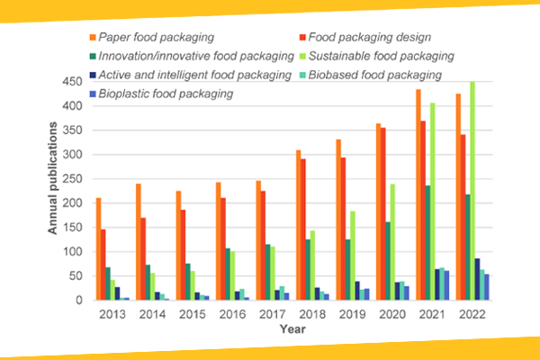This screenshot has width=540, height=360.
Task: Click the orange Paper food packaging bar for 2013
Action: point(98,248)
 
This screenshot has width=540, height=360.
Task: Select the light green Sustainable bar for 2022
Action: point(472,191)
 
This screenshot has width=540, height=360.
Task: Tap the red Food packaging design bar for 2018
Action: point(303,229)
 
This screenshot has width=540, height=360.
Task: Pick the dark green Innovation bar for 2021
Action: point(427,243)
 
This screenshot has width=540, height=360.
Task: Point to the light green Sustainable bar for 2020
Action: point(392,242)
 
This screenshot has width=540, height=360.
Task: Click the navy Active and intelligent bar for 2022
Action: point(477,279)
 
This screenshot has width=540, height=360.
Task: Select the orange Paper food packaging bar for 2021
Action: point(418,194)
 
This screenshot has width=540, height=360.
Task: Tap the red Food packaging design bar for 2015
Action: point(184,255)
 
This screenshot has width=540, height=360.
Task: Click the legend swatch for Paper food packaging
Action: point(93,37)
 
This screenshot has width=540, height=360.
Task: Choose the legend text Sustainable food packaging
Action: point(382,56)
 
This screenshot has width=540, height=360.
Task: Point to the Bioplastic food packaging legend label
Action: point(166,94)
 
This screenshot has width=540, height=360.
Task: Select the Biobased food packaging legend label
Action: point(375,75)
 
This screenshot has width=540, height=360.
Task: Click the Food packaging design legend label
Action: point(370,37)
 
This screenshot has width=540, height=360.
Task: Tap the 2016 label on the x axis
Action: point(232,314)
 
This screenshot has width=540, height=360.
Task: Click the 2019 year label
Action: point(352,314)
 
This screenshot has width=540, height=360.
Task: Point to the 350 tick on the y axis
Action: point(72,130)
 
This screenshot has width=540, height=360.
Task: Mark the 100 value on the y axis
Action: point(72,251)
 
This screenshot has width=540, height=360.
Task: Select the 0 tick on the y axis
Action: point(79,300)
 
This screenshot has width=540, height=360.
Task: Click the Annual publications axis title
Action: point(52,178)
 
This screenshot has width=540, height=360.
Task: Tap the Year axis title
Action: point(292,329)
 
